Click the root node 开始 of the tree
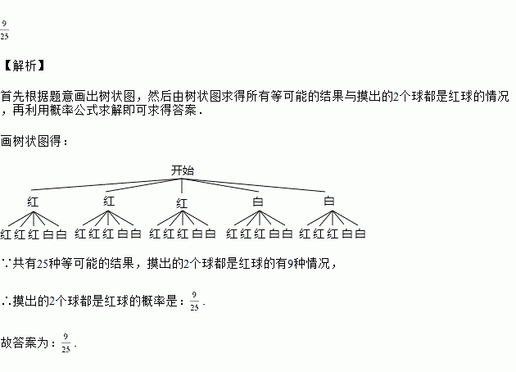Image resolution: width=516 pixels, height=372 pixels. (182, 170)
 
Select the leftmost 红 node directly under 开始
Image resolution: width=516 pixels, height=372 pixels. (33, 201)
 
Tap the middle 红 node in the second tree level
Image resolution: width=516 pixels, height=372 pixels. (182, 202)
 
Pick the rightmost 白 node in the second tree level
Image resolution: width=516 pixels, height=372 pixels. (329, 201)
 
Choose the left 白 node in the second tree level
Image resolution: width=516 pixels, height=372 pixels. (258, 201)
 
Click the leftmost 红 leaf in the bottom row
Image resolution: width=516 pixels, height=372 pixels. (7, 234)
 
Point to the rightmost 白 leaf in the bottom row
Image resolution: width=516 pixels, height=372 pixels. (360, 234)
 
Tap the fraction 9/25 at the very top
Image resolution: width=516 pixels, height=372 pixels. (5, 30)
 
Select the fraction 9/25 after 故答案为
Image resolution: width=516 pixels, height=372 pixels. (66, 343)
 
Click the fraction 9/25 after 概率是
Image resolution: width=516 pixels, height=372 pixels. (194, 301)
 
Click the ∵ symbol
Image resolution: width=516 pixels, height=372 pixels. (7, 264)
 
